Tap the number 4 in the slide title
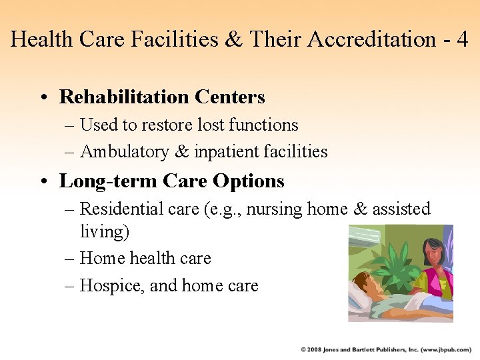462,39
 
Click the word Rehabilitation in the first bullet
125,97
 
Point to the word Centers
230,97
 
